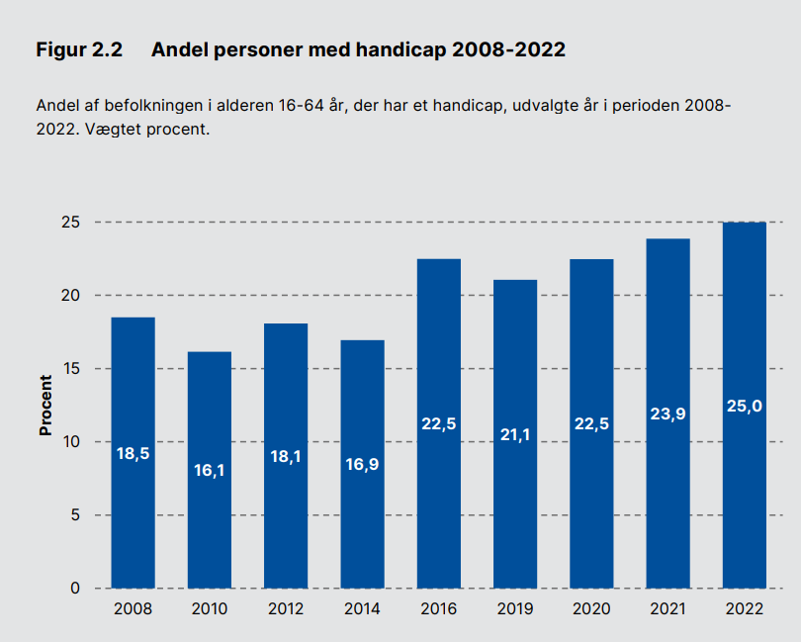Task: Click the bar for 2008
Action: pos(133,453)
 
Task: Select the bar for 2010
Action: pos(210,470)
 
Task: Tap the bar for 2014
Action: pos(362,464)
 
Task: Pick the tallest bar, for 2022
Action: pos(745,405)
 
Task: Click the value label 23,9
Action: pos(668,413)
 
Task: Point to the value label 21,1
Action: pos(515,434)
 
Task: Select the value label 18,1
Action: pos(286,456)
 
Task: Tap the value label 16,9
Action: pos(362,464)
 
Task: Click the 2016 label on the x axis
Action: pos(439,608)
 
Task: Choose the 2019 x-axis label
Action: pos(515,608)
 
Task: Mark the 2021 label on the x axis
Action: pos(668,608)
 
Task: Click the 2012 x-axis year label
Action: pos(286,608)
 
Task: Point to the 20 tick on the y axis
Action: pos(70,296)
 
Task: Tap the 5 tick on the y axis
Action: pos(75,514)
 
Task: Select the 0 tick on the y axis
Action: pos(75,589)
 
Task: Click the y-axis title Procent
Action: pos(45,405)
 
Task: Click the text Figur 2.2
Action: pos(79,50)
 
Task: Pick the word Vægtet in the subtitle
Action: pos(113,129)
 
